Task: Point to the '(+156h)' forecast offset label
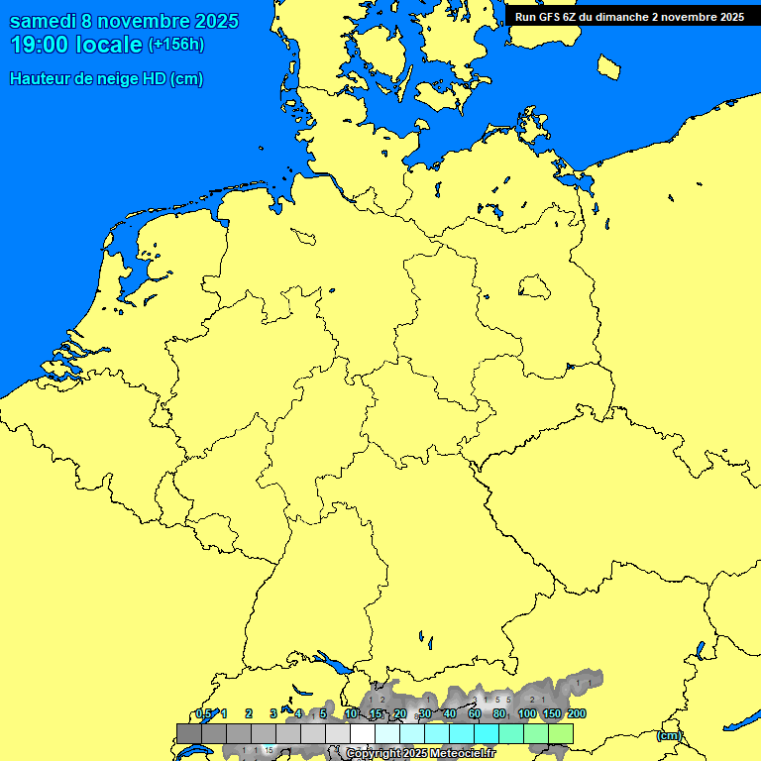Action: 176,45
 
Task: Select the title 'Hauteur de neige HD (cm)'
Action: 106,79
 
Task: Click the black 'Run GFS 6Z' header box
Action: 629,17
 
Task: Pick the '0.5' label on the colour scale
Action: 203,713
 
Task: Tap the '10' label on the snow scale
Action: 351,713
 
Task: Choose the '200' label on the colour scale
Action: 576,713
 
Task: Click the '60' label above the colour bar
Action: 475,713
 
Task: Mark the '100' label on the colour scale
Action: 527,713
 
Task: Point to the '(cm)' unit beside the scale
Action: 669,735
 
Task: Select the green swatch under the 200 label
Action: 561,733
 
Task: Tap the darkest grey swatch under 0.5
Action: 188,733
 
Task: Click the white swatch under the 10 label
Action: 363,733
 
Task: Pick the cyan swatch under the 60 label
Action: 462,733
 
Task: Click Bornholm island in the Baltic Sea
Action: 609,66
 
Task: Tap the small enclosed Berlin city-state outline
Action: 534,287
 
